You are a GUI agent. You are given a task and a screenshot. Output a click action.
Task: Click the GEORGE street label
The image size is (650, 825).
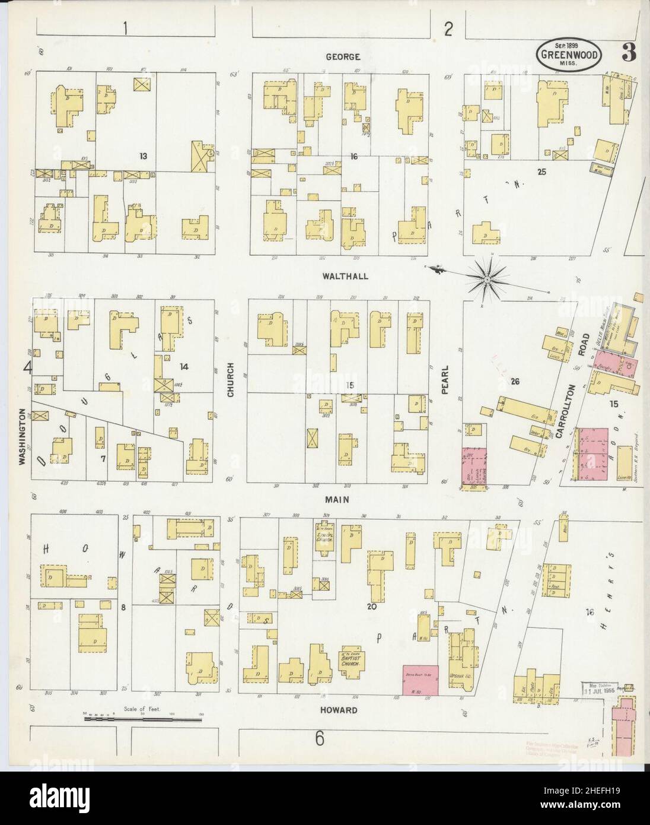(343, 57)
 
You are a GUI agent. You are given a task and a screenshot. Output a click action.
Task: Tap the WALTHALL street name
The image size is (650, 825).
(346, 276)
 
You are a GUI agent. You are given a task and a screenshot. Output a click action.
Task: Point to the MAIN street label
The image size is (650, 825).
(336, 500)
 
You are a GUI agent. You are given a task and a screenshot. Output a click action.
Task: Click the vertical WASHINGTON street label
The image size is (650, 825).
(23, 437)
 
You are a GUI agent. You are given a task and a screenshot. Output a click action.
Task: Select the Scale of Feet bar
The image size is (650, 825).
(142, 719)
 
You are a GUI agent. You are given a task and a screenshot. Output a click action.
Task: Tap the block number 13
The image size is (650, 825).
(143, 156)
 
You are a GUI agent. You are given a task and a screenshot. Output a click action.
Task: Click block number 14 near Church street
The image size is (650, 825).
(184, 367)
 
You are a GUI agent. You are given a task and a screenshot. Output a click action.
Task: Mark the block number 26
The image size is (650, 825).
(515, 382)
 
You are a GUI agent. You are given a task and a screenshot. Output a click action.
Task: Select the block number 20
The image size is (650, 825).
(372, 607)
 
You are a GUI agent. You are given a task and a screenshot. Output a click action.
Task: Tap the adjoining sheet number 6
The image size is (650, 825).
(319, 739)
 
